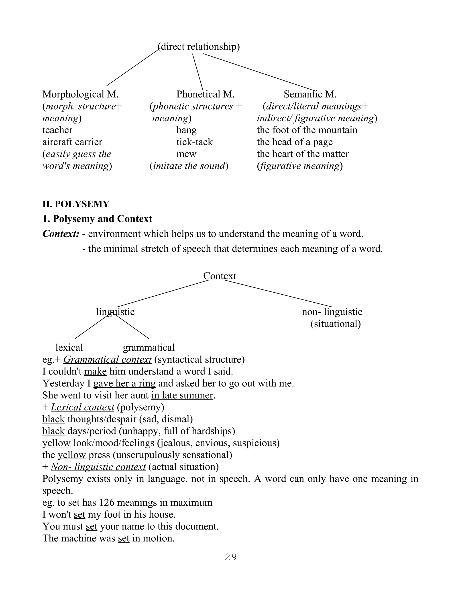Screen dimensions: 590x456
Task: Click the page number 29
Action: tap(230, 557)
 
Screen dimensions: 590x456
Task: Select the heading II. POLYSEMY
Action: tap(76, 204)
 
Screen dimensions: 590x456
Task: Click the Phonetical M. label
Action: tap(205, 94)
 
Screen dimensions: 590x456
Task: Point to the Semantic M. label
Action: tap(310, 94)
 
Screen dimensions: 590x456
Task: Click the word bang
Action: tap(186, 130)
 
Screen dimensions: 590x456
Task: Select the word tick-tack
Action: tap(195, 142)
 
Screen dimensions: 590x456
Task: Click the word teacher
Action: tap(57, 130)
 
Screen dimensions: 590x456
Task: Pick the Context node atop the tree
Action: tap(219, 276)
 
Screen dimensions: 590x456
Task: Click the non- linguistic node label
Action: tap(332, 312)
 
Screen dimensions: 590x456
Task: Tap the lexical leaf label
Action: tap(69, 347)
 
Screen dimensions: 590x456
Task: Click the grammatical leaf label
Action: tap(149, 347)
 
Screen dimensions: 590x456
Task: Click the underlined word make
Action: tap(95, 371)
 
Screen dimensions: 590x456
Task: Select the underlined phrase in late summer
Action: tap(182, 395)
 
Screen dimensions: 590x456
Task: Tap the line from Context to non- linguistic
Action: tap(278, 294)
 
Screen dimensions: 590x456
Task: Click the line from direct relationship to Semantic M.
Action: tap(259, 72)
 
